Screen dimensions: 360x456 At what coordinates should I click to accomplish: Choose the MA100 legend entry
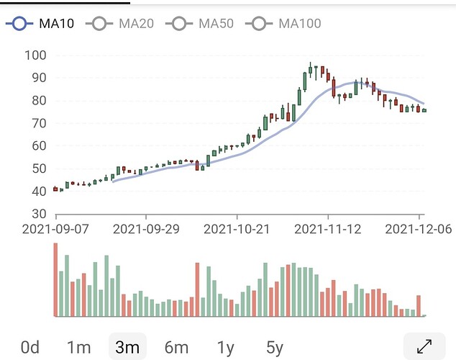point(283,24)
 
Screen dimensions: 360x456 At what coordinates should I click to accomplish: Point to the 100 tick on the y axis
point(35,55)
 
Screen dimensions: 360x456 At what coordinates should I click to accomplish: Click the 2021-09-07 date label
point(55,230)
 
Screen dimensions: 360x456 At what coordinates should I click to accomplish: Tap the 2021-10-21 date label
point(237,230)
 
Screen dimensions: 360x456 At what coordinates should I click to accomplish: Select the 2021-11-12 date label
point(327,230)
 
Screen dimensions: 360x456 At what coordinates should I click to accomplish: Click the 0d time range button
point(30,348)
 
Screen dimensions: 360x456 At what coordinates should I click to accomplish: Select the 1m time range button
point(78,348)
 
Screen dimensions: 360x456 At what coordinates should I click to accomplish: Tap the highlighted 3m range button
point(127,348)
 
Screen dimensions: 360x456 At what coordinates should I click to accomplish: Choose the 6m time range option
point(176,348)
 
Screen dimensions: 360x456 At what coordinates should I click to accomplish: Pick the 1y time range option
point(226,348)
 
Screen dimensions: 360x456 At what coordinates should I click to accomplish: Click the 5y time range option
point(275,348)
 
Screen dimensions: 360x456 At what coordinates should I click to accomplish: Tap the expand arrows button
point(424,347)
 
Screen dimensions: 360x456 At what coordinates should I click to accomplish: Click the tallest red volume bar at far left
point(55,280)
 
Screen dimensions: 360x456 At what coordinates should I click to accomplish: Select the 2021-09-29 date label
point(146,230)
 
